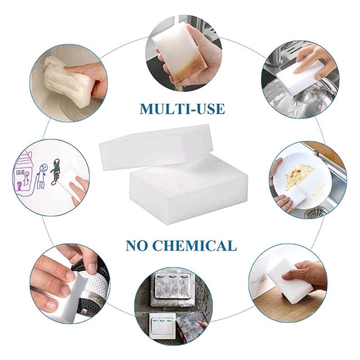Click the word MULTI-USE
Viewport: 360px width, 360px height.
pyautogui.click(x=182, y=109)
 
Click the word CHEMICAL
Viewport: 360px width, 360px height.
pyautogui.click(x=194, y=245)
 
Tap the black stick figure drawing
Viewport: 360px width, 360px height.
pyautogui.click(x=55, y=172)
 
